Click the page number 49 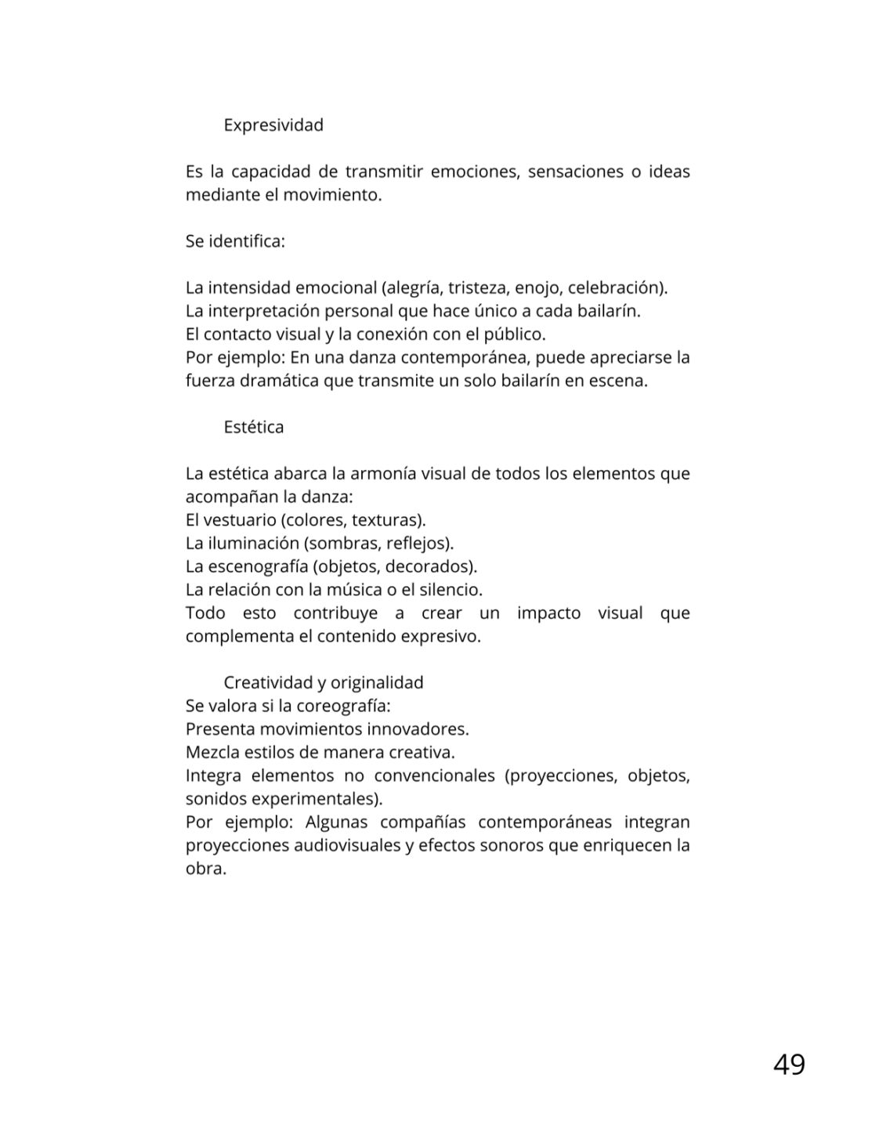[x=788, y=1065]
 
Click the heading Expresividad [x=273, y=125]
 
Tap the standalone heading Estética [x=254, y=427]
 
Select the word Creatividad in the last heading [x=266, y=682]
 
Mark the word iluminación [x=251, y=543]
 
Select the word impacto [x=548, y=613]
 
